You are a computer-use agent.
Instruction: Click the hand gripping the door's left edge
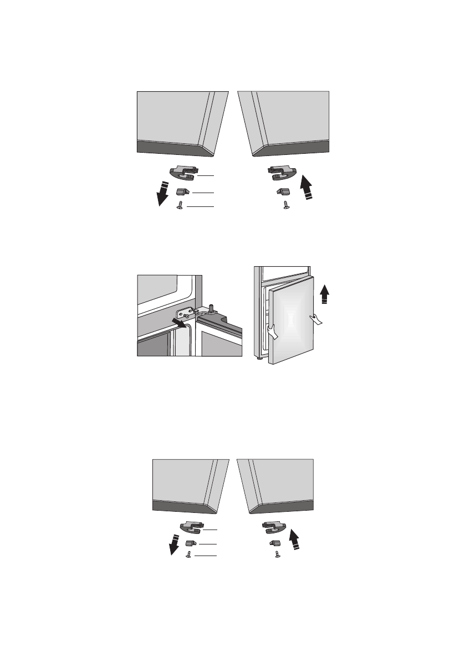pyautogui.click(x=273, y=332)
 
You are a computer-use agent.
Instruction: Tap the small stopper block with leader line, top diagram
pyautogui.click(x=182, y=191)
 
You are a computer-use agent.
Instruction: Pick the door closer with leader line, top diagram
pyautogui.click(x=183, y=174)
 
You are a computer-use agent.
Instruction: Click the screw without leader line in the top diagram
pyautogui.click(x=285, y=206)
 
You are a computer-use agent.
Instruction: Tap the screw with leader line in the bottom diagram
pyautogui.click(x=190, y=555)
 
